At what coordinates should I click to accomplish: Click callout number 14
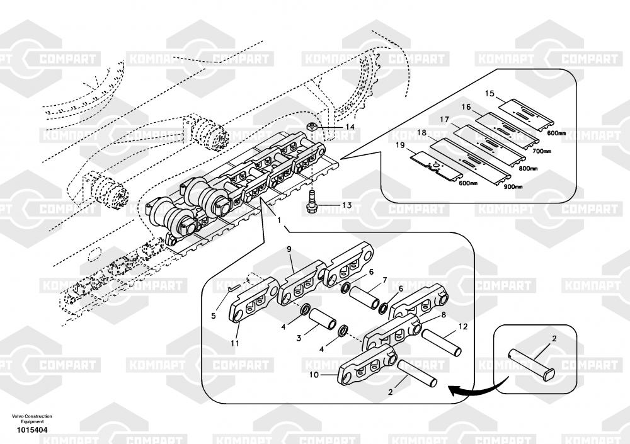(349, 127)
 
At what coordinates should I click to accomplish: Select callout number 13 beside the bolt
(348, 205)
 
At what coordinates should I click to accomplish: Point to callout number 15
(490, 94)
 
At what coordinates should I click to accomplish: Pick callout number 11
(235, 343)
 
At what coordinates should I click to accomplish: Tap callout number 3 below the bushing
(299, 338)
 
